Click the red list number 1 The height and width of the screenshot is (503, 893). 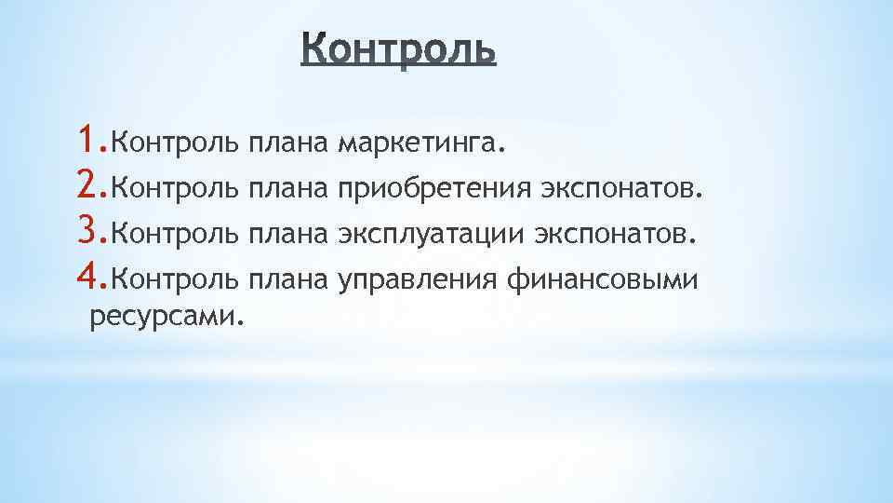tap(88, 140)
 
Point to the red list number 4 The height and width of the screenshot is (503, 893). tap(89, 276)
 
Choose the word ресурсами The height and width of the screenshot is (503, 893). tap(166, 319)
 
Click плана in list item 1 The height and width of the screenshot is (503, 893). tap(289, 143)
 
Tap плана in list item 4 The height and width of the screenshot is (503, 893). tap(289, 279)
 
